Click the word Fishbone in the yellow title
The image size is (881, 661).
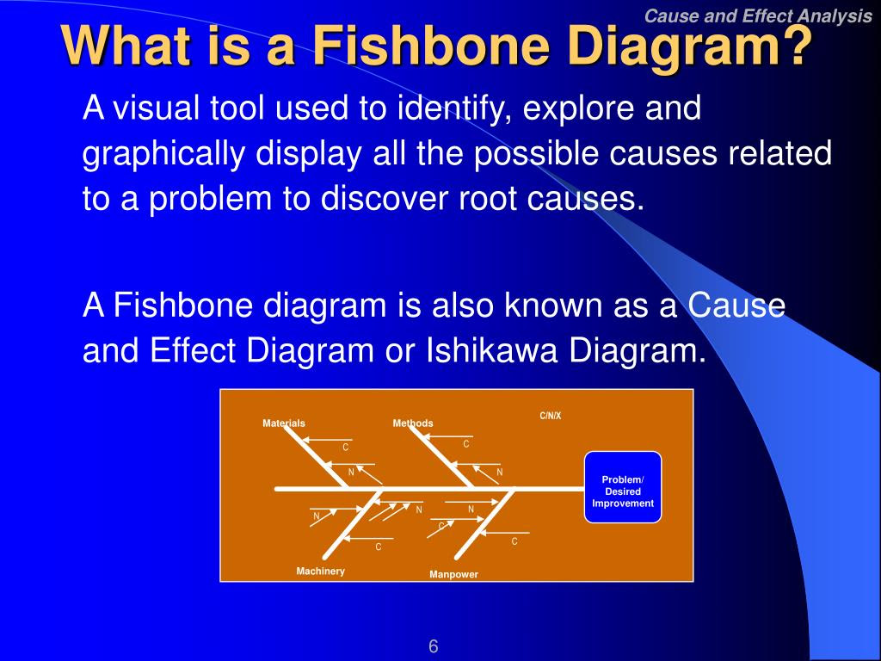(x=430, y=45)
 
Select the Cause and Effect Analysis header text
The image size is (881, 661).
(x=758, y=15)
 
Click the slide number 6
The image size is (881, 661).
(x=434, y=646)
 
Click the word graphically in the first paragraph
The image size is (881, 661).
(x=164, y=154)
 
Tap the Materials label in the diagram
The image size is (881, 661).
(x=284, y=423)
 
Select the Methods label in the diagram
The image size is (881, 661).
(x=413, y=423)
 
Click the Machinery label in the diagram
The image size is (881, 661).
(x=320, y=571)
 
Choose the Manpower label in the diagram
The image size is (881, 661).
(x=453, y=574)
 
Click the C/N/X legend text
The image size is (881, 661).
(x=551, y=416)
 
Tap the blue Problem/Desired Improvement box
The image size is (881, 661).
(x=623, y=487)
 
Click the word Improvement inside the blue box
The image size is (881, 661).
(x=623, y=503)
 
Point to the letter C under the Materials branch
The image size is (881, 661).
(x=346, y=448)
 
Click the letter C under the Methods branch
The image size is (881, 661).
(x=465, y=444)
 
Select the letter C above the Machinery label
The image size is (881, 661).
(x=379, y=547)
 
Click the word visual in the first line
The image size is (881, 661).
(x=157, y=108)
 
